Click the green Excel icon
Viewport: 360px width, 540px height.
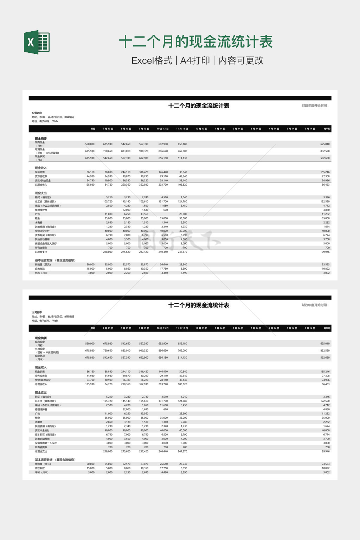click(37, 42)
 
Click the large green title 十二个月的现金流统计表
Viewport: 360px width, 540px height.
click(196, 42)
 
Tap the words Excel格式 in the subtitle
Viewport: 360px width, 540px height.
click(152, 60)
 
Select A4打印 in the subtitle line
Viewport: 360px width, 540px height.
click(195, 60)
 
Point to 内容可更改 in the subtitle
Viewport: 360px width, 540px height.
click(241, 60)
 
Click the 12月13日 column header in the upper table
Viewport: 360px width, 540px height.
click(201, 129)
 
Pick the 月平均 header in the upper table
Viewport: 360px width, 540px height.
click(327, 129)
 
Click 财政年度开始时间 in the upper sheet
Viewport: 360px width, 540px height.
click(315, 105)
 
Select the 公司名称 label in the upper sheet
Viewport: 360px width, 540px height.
click(37, 113)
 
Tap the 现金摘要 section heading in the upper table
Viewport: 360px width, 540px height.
click(41, 139)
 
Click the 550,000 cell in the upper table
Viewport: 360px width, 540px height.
click(90, 144)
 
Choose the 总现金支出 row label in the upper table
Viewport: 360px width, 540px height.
click(41, 252)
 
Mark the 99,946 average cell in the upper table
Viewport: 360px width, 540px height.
click(326, 252)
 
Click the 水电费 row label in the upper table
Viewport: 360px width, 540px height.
click(39, 223)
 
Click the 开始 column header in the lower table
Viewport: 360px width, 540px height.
click(93, 328)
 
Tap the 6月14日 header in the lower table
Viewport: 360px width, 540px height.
click(310, 328)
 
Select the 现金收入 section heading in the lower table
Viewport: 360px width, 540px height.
click(41, 367)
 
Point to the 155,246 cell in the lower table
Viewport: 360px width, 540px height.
click(325, 372)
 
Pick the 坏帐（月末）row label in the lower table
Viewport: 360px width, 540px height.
click(42, 472)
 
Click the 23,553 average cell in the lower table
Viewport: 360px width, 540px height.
click(326, 464)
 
